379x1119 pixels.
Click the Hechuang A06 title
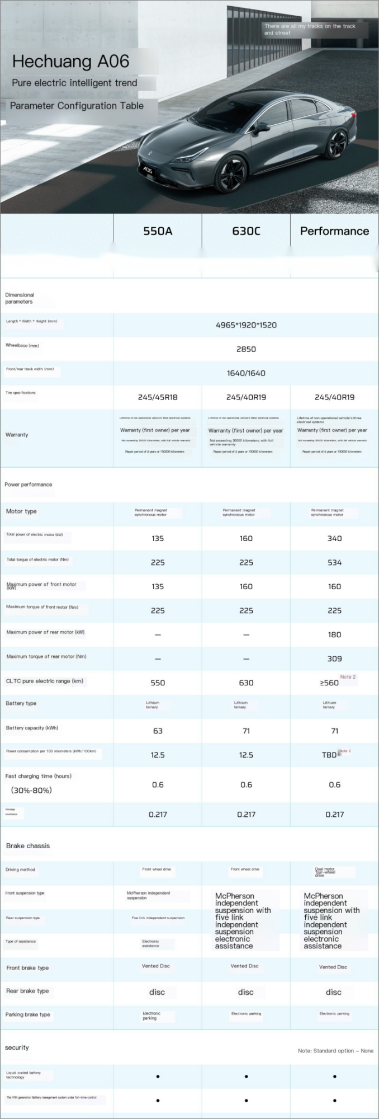(x=70, y=61)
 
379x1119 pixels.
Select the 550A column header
(x=158, y=231)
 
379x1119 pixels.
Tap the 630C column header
(x=246, y=231)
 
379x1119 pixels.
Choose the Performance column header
(x=334, y=231)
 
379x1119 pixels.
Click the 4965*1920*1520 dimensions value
(x=246, y=325)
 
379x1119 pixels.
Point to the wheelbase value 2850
(x=246, y=349)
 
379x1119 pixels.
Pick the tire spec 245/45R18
(x=158, y=397)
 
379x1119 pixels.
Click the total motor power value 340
(x=334, y=538)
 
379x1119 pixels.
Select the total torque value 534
(x=334, y=562)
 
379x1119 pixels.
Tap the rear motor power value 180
(x=334, y=634)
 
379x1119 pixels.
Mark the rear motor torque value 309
(x=334, y=659)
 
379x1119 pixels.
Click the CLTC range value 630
(x=246, y=683)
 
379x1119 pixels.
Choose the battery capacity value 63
(x=158, y=731)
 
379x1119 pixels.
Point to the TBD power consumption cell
(x=330, y=755)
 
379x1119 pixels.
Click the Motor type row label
(x=21, y=511)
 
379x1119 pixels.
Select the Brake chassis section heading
(x=28, y=845)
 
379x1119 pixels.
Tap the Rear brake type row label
(x=27, y=991)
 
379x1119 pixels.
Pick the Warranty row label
(x=17, y=435)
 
